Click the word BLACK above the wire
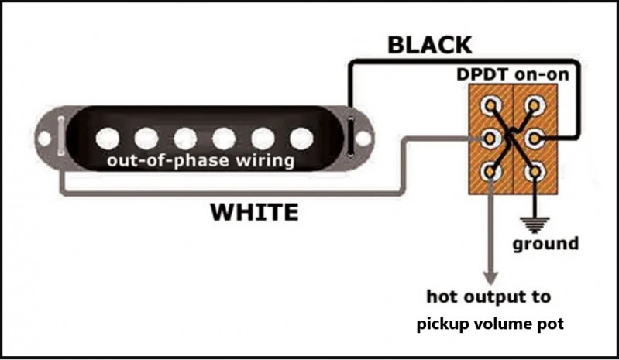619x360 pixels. point(430,45)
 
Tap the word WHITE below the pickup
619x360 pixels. point(254,212)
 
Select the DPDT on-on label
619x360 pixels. point(513,74)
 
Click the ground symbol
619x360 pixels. point(535,225)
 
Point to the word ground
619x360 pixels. point(545,244)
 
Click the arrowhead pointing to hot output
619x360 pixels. point(490,277)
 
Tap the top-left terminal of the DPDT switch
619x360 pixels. point(490,105)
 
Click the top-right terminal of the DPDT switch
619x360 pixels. point(534,105)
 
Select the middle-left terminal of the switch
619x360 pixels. point(490,139)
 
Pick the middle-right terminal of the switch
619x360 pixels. point(534,139)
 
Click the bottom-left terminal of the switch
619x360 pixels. point(490,172)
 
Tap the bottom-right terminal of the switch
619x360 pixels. point(534,172)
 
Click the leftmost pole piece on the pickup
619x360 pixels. point(108,139)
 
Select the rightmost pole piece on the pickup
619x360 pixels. point(301,139)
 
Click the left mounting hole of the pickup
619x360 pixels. point(44,139)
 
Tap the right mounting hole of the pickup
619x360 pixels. point(363,139)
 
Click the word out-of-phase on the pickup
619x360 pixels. point(168,161)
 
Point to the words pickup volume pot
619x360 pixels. point(490,324)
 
